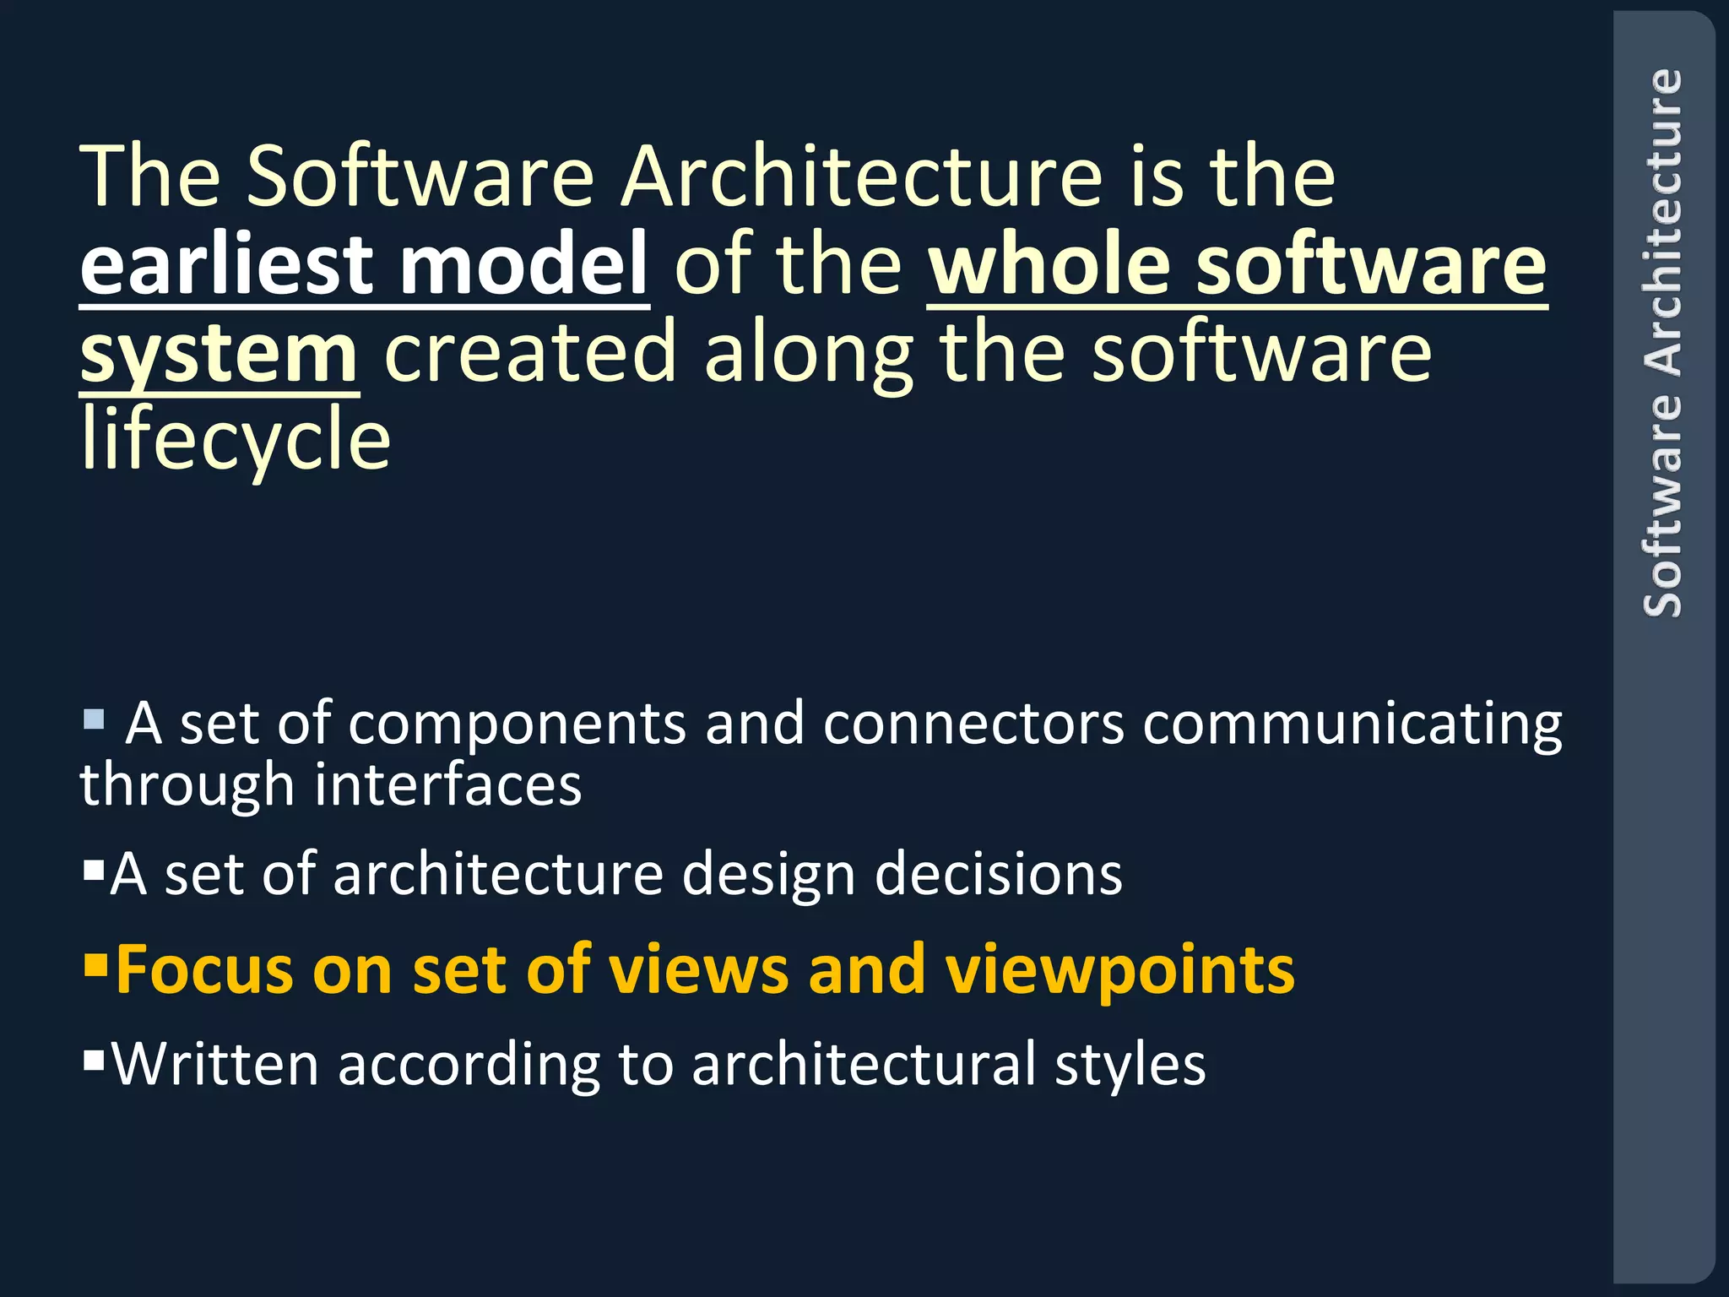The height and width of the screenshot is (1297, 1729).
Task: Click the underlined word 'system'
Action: pos(219,355)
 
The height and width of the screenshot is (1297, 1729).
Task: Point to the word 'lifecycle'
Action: pos(236,439)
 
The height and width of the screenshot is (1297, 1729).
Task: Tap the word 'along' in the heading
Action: pos(809,355)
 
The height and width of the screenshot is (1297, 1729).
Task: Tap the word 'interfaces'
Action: pos(448,785)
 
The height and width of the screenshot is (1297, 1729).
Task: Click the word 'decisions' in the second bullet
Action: pos(999,875)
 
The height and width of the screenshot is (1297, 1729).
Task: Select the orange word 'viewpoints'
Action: pos(1119,971)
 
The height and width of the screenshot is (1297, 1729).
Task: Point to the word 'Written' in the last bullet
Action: pos(215,1064)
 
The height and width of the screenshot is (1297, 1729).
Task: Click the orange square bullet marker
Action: pos(95,963)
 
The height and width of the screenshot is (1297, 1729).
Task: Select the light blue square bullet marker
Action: pos(94,720)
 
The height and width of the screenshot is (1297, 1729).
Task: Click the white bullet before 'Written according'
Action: pos(94,1058)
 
